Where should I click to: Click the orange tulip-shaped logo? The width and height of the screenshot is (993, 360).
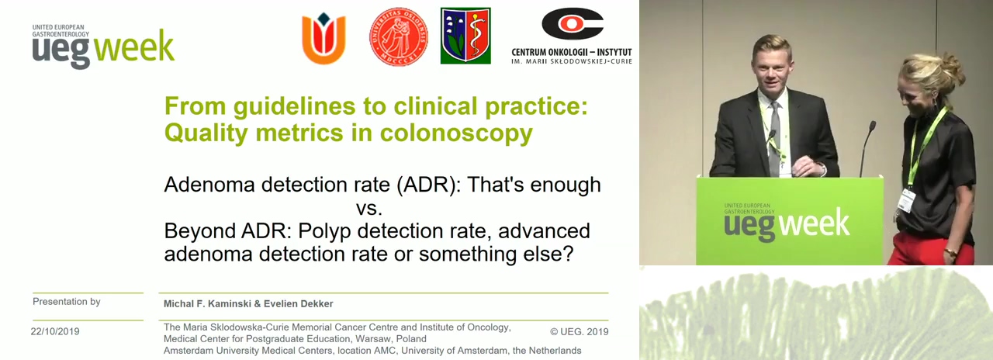tap(324, 38)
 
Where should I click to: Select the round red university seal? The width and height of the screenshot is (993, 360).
tap(399, 36)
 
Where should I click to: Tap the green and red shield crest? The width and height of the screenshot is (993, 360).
tap(465, 36)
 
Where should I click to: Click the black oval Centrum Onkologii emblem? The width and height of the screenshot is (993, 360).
tap(573, 24)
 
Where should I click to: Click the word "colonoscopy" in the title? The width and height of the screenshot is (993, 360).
tap(456, 133)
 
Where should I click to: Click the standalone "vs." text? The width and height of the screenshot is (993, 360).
tap(369, 208)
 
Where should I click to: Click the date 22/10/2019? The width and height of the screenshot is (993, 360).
tap(55, 331)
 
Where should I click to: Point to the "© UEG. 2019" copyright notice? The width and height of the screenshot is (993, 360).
tap(580, 331)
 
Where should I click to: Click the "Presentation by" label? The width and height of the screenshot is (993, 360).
tap(67, 302)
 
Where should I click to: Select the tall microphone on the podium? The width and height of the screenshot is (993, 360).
tap(867, 149)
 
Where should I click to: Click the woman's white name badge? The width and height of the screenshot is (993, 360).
tap(906, 200)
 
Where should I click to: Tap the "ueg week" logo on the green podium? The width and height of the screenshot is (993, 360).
tap(787, 223)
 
